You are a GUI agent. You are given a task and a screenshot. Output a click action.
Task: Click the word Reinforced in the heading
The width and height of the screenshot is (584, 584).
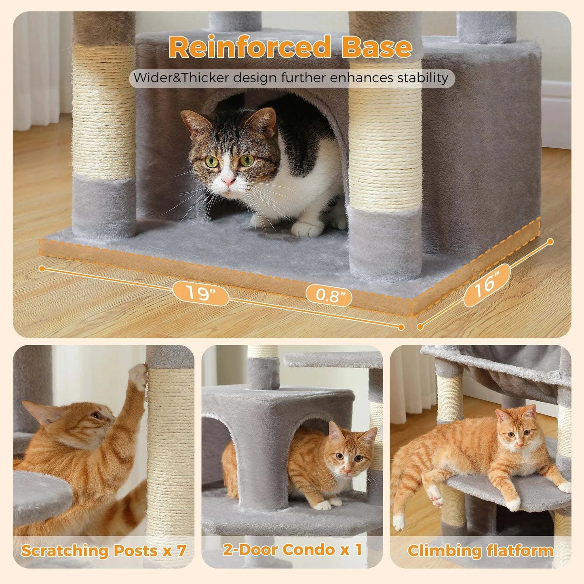coord(250,47)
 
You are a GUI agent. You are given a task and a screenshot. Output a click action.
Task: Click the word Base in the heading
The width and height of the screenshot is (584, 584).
coord(377,47)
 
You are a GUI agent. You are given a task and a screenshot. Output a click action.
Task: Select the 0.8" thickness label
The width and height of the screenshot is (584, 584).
coord(329,295)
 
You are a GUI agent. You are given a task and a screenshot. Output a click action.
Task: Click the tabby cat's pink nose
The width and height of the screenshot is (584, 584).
coord(228,181)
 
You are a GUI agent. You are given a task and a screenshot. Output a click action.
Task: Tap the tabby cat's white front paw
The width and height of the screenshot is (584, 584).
coord(307,229)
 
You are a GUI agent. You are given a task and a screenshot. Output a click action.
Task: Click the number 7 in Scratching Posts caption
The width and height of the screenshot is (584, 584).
coord(181,550)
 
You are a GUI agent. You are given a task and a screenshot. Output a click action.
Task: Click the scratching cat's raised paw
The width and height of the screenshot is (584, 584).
coord(138,375)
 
